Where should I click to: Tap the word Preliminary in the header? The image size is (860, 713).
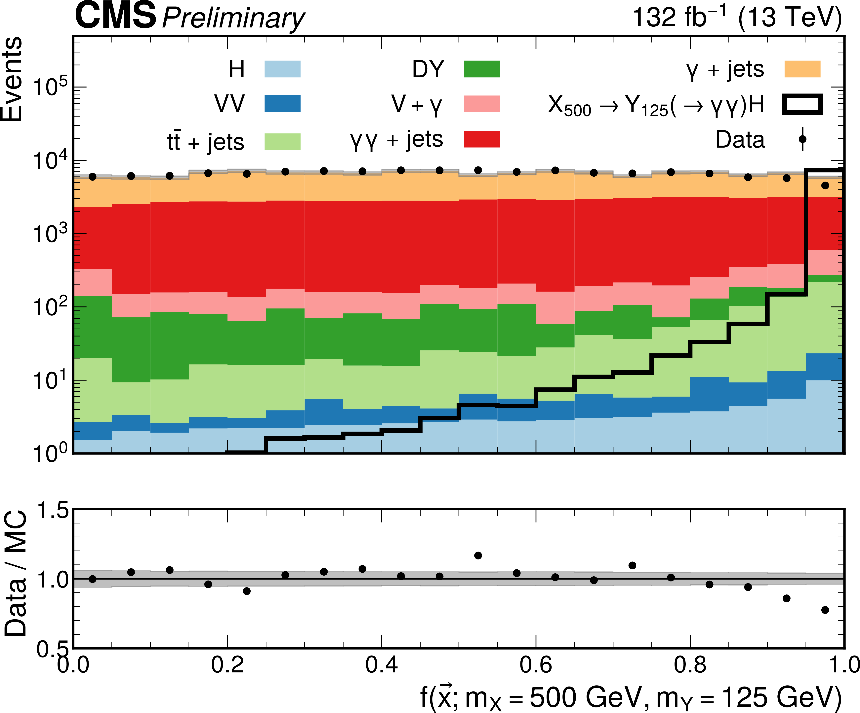click(233, 18)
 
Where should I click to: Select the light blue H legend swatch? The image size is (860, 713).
click(282, 69)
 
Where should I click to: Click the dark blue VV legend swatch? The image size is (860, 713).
click(282, 104)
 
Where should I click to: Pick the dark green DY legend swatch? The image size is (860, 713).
click(482, 69)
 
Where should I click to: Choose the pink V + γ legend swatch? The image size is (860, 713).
click(482, 104)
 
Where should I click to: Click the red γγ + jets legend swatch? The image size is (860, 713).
click(482, 139)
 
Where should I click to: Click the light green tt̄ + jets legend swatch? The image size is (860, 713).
click(282, 142)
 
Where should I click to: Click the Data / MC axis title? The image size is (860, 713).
click(16, 573)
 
